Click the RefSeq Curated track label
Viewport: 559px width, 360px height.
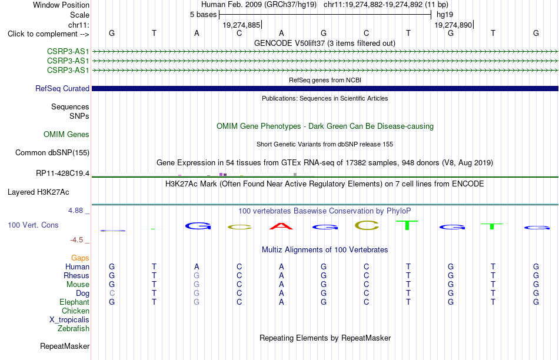click(62, 88)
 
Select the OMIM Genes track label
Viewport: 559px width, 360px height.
click(66, 134)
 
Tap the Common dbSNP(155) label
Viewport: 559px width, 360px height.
click(52, 152)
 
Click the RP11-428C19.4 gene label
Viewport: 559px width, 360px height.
click(63, 173)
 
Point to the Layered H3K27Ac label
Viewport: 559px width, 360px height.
click(38, 192)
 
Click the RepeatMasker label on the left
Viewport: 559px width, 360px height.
click(65, 346)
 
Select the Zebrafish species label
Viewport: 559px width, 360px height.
click(74, 328)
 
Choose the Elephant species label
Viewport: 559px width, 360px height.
click(75, 302)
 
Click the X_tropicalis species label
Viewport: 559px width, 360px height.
click(69, 319)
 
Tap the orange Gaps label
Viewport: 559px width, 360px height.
click(80, 258)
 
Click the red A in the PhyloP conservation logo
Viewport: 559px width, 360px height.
click(281, 226)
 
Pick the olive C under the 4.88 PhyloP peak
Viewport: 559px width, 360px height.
click(367, 225)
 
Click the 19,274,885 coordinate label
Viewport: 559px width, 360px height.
click(241, 25)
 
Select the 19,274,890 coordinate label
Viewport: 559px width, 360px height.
click(453, 25)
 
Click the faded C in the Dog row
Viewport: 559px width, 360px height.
click(112, 293)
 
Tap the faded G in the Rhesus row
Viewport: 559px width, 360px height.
click(197, 275)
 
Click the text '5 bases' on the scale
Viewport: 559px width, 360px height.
click(203, 15)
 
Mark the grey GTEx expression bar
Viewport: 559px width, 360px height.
click(295, 174)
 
